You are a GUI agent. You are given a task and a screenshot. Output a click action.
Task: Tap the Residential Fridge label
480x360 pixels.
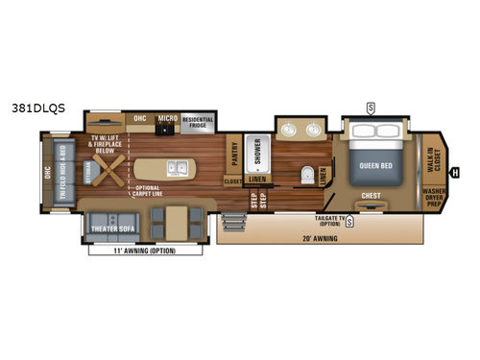[x=198, y=120]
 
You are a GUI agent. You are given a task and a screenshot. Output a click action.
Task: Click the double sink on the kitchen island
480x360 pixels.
[x=177, y=169]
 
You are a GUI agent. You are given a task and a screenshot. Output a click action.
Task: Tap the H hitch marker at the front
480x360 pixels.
[x=455, y=173]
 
